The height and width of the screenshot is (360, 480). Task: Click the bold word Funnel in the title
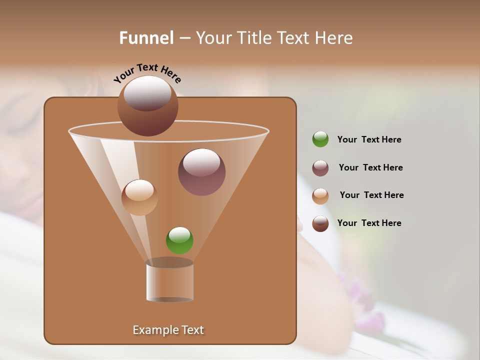[x=146, y=38]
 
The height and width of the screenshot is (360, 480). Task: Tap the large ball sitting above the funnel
[x=147, y=106]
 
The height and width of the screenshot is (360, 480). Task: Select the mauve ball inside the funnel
[x=201, y=172]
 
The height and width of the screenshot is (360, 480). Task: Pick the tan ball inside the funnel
[x=139, y=197]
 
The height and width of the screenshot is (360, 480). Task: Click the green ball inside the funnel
[x=179, y=240]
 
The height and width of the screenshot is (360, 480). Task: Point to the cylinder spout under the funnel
[x=169, y=281]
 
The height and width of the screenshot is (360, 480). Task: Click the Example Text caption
[x=168, y=330]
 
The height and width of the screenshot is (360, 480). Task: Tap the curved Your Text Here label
[x=147, y=72]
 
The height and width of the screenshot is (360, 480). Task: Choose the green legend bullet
[x=320, y=139]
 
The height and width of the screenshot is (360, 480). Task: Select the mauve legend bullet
[x=320, y=168]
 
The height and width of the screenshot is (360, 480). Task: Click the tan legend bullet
[x=320, y=196]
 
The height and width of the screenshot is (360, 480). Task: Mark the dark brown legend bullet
[x=320, y=223]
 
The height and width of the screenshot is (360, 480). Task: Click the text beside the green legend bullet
[x=369, y=140]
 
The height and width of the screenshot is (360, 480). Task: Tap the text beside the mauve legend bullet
[x=370, y=168]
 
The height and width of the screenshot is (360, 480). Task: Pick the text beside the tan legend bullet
[x=371, y=195]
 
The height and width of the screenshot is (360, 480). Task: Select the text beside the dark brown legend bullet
[x=369, y=223]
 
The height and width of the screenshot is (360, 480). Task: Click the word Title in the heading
[x=255, y=38]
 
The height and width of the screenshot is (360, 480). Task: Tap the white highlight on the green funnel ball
[x=179, y=234]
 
